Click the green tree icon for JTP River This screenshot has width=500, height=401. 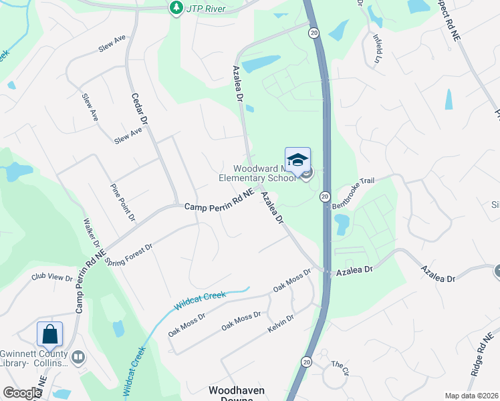click(x=176, y=9)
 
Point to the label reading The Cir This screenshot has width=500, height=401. click(x=340, y=367)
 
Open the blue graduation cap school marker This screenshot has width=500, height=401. click(x=297, y=160)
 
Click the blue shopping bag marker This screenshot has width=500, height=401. click(x=49, y=334)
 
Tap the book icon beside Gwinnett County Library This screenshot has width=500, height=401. click(x=79, y=358)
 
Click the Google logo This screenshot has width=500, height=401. click(x=22, y=393)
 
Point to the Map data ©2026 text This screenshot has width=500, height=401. click(x=472, y=396)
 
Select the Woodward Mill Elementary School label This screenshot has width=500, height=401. click(x=257, y=174)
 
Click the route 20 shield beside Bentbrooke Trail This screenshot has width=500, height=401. click(x=324, y=196)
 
